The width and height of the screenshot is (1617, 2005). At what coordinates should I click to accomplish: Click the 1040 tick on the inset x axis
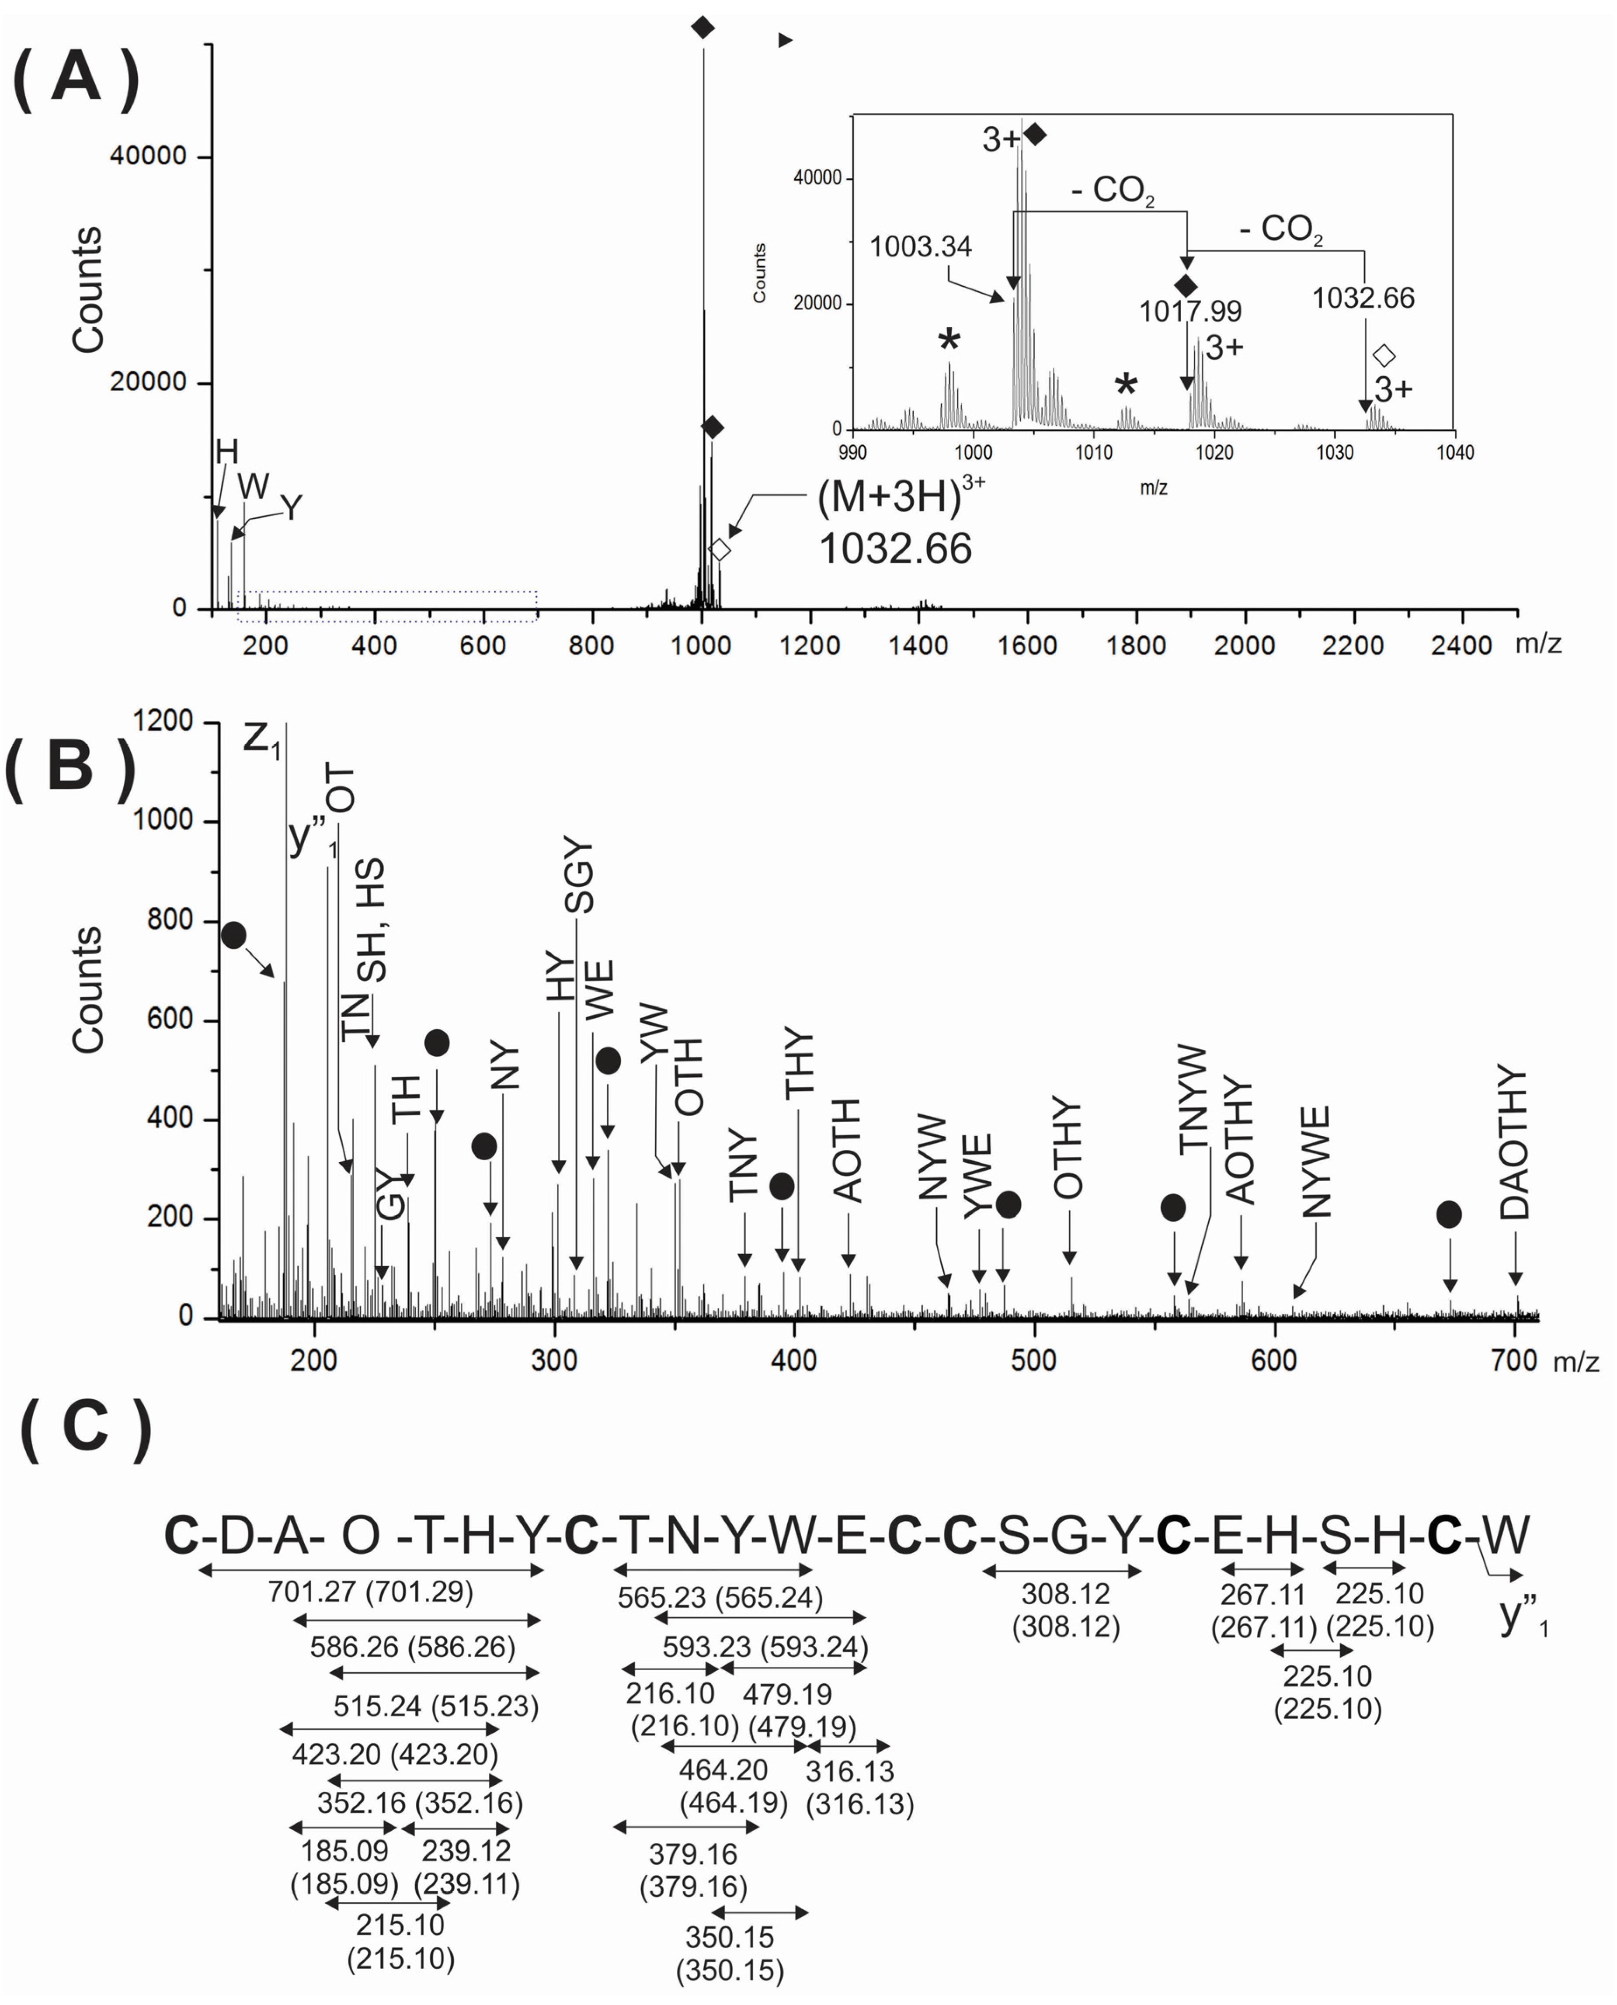point(1454,453)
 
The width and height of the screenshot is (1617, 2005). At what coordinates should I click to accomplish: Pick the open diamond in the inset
point(1384,356)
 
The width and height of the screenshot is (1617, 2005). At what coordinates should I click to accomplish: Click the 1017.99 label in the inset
point(1189,311)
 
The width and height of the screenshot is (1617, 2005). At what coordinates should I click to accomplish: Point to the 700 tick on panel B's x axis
point(1513,1360)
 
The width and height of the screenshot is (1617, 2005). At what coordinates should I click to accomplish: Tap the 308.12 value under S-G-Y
point(1066,1594)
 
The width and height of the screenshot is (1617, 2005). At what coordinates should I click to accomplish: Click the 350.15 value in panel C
point(729,1938)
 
